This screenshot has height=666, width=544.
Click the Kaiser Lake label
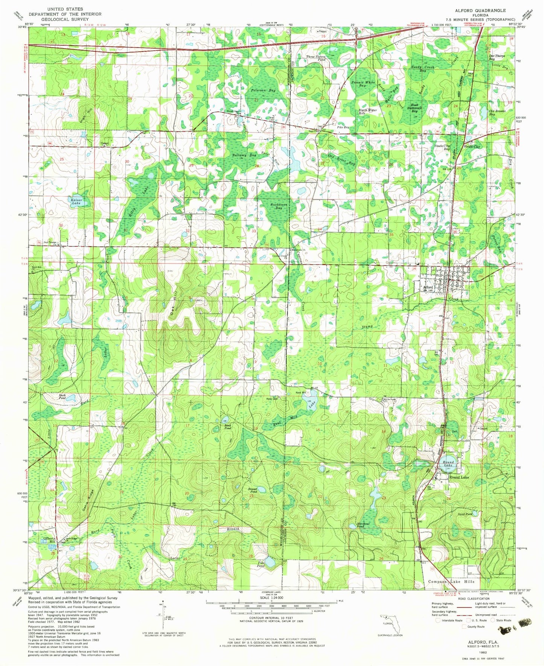(x=76, y=201)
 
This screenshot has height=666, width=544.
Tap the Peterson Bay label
(x=264, y=90)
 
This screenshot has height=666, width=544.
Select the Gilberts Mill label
(x=51, y=540)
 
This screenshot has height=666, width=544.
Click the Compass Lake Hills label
(x=451, y=582)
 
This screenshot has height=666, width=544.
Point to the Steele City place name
(x=472, y=146)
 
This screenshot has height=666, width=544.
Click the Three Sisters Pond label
(x=315, y=58)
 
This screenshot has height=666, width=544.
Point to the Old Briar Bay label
(x=341, y=159)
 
